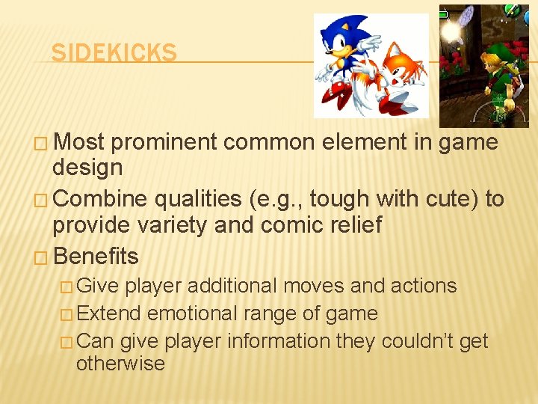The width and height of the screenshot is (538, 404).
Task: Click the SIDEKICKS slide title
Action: point(114,53)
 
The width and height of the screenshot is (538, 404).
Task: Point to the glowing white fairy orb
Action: point(452,32)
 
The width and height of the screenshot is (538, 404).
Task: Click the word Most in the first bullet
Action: point(79,142)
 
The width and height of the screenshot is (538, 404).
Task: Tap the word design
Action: point(87,168)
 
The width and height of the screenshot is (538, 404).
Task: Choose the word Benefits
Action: point(96,257)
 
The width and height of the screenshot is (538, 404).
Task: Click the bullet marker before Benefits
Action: point(43,257)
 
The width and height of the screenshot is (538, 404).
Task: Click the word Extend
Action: point(109,313)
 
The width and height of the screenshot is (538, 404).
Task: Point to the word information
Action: point(279,341)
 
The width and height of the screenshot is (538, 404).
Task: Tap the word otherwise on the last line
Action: point(120,364)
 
